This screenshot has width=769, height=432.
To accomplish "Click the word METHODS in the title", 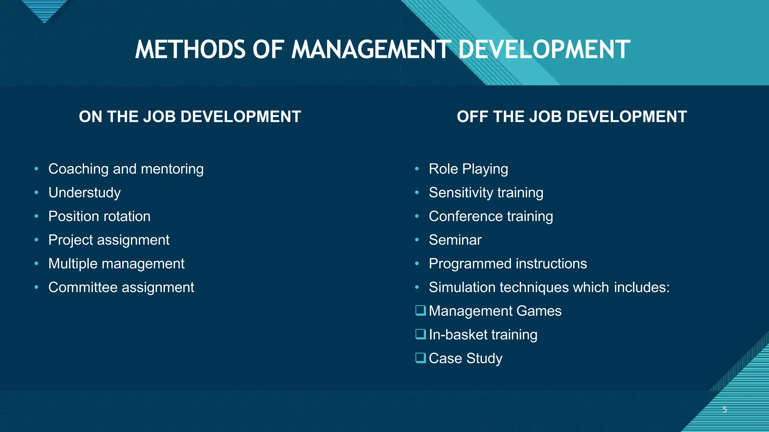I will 190,50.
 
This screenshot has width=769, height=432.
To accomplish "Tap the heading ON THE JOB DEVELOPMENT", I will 190,117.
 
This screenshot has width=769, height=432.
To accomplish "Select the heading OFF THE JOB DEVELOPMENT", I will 571,117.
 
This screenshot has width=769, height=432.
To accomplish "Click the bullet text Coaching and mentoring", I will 126,169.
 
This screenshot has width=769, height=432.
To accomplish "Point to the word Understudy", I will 84,193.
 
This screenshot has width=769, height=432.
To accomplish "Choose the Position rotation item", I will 99,216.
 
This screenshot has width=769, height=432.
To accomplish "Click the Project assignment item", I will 109,240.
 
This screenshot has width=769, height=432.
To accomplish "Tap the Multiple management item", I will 116,264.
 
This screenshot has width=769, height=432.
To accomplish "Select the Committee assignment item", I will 121,287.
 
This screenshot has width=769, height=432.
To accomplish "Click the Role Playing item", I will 468,169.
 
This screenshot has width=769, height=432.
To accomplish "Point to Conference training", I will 491,216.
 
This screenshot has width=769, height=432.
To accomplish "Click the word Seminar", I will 455,240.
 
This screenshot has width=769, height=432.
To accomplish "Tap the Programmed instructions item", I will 508,264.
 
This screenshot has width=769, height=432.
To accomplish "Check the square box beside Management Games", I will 421,310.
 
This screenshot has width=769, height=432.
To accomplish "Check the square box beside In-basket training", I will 421,334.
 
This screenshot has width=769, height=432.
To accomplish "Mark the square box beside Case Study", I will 421,358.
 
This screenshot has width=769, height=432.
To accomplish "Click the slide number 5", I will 725,409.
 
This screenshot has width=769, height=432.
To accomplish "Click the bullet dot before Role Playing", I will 417,169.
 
